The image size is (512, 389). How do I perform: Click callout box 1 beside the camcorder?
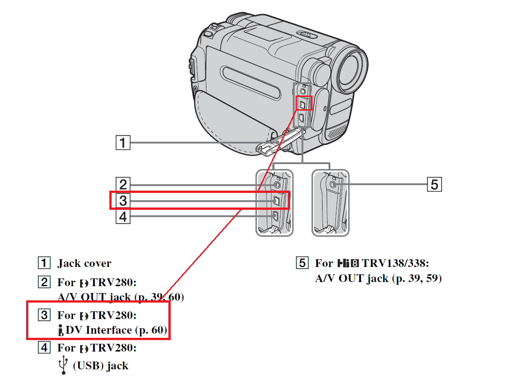pos(123,143)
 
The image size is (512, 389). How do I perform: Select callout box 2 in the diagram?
pos(123,184)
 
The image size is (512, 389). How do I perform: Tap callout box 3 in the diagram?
pos(123,200)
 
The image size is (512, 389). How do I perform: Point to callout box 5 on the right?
pos(434,184)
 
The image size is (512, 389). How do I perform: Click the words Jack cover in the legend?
pos(84,263)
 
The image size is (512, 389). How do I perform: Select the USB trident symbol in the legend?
pos(64,366)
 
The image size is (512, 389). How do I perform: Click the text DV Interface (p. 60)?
pos(116,330)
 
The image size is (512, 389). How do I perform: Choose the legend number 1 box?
pos(44,263)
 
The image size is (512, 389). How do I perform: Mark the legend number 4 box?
pos(44,348)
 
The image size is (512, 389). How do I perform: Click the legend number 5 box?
pos(302,263)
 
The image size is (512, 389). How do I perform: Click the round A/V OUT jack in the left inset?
pos(276,185)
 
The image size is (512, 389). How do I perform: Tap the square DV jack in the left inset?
pos(276,201)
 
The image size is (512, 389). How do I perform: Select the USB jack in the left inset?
pos(275,216)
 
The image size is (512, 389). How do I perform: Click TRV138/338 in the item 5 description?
pos(395,263)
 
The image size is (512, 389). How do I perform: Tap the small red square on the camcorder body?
pos(303,103)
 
